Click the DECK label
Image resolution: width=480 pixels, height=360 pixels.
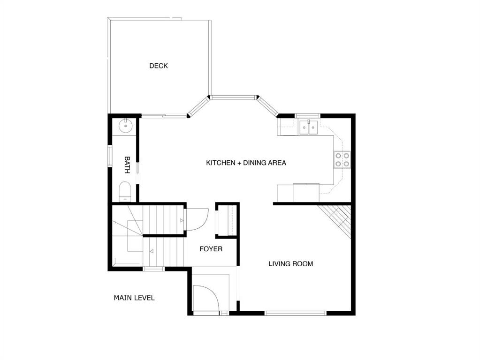pyautogui.click(x=158, y=66)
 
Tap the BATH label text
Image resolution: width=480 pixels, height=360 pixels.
pyautogui.click(x=127, y=165)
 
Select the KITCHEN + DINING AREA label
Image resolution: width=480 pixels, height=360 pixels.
pyautogui.click(x=246, y=163)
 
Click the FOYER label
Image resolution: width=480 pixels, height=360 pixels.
pyautogui.click(x=211, y=249)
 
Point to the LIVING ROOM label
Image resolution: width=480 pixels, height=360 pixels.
pyautogui.click(x=290, y=264)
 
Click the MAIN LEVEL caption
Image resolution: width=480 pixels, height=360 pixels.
pyautogui.click(x=134, y=298)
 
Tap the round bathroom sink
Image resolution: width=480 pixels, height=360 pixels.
pyautogui.click(x=125, y=125)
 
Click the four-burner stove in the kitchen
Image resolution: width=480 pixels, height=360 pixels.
pyautogui.click(x=341, y=160)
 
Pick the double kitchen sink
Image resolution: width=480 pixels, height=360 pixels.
pyautogui.click(x=308, y=127)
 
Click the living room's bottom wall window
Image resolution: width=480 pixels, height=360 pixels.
pyautogui.click(x=296, y=313)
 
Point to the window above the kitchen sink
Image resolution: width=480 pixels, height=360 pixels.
pyautogui.click(x=307, y=115)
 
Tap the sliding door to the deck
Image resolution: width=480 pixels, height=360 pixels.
pyautogui.click(x=164, y=115)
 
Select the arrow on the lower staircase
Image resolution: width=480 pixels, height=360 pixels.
pyautogui.click(x=152, y=252)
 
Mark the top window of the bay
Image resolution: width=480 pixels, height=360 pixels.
pyautogui.click(x=233, y=97)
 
